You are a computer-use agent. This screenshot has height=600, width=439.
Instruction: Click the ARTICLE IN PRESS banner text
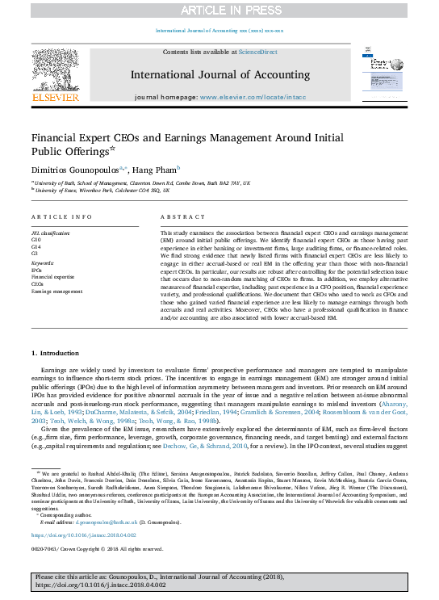pyautogui.click(x=219, y=10)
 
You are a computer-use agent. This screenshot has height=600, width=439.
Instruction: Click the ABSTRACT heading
pyautogui.click(x=178, y=218)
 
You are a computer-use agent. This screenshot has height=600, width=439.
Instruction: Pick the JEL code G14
pyautogui.click(x=36, y=247)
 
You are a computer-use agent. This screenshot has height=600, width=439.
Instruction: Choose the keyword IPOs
pyautogui.click(x=37, y=271)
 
